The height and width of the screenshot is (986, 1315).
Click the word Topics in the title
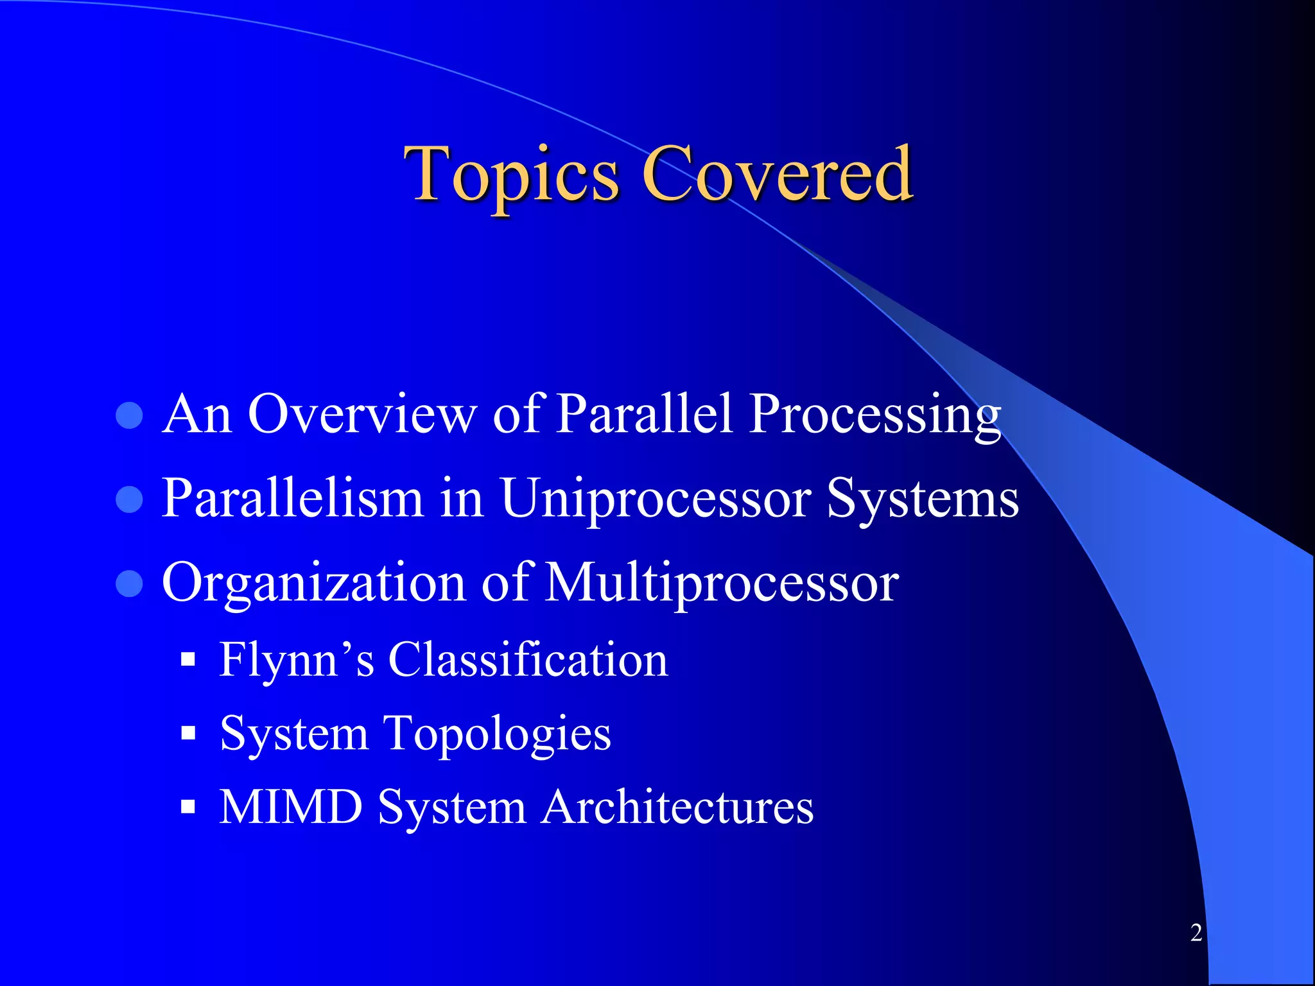tap(511, 175)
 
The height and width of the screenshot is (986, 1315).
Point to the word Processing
tap(875, 415)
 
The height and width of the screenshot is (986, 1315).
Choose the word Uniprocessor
tap(655, 500)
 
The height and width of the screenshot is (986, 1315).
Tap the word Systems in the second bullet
tap(923, 500)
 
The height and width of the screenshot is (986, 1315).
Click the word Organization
tap(313, 583)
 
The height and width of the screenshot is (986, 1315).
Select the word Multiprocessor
tap(722, 583)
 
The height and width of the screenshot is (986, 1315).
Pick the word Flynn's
tap(296, 660)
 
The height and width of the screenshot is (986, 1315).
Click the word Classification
tap(528, 659)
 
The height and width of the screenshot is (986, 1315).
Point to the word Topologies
tap(498, 733)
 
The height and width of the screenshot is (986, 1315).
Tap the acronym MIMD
tap(291, 806)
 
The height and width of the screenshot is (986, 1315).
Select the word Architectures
tap(677, 806)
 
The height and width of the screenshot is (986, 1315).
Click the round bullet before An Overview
tap(129, 416)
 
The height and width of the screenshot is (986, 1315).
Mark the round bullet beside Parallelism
tap(129, 500)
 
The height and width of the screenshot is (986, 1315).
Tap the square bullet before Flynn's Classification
tap(188, 660)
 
